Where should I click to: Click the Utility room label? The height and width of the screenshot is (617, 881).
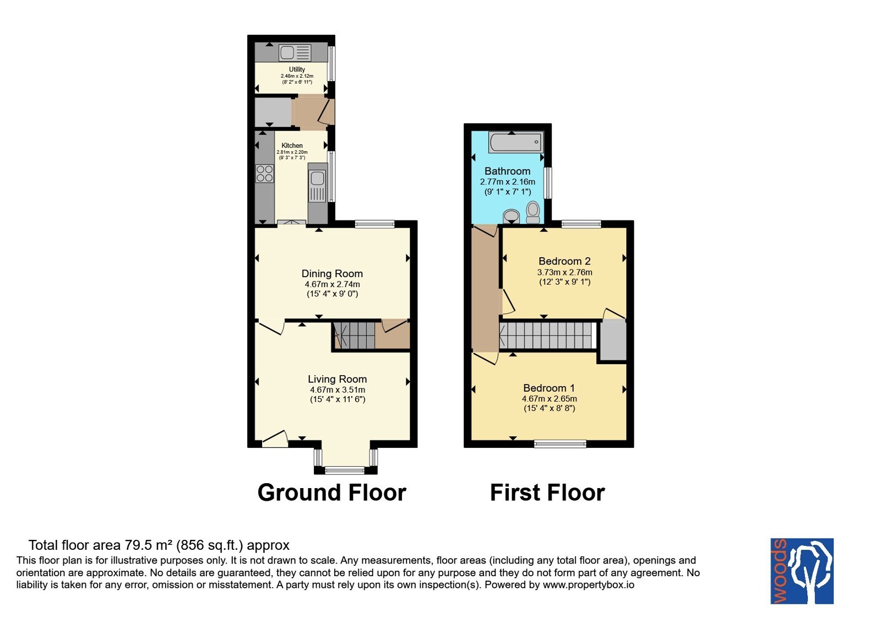(297, 69)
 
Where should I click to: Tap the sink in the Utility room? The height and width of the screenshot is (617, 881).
(295, 53)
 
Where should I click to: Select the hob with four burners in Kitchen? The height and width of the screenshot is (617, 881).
(264, 174)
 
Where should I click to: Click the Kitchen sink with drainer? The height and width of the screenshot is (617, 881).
(317, 186)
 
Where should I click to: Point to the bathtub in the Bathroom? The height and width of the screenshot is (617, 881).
(515, 142)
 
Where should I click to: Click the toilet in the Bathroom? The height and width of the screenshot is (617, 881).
(533, 212)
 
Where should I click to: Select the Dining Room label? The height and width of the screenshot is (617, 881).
(332, 273)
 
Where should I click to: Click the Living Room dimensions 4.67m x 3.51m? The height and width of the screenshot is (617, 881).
(338, 390)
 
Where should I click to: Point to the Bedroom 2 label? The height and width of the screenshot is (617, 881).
(564, 261)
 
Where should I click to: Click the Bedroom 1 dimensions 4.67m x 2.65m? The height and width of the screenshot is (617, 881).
(549, 399)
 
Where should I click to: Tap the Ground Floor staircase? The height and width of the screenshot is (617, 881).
(354, 335)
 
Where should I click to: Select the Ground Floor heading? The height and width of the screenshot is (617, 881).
(331, 492)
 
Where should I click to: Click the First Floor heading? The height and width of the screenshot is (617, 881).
(547, 492)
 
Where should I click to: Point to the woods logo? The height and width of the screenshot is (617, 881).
(802, 571)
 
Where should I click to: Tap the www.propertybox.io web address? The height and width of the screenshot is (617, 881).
(589, 584)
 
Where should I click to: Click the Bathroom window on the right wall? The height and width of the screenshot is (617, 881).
(547, 183)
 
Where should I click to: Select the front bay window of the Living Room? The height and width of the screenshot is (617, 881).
(345, 470)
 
